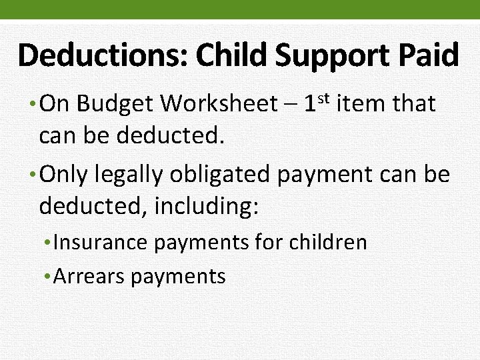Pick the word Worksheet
[x=220, y=103]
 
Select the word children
[x=328, y=242]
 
